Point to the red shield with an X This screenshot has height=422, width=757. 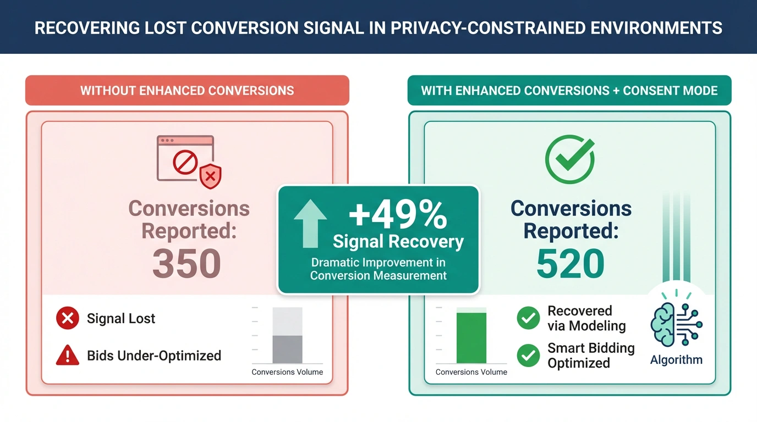point(210,176)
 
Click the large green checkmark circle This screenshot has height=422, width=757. point(569,159)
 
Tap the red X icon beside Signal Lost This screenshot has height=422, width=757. point(68,318)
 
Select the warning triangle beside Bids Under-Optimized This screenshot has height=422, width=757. point(68,356)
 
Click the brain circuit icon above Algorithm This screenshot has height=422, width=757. point(676,326)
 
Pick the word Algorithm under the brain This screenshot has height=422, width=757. point(676,360)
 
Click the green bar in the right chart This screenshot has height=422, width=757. point(471,337)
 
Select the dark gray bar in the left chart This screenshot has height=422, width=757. point(287,349)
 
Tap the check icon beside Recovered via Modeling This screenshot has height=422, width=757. point(529,318)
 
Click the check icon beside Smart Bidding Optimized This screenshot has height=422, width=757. point(529,356)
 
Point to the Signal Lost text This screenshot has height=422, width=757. point(121,319)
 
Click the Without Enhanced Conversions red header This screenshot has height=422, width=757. point(187,91)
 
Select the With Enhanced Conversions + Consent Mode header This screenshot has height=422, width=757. point(569,91)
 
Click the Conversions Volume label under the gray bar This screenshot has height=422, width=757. point(287,372)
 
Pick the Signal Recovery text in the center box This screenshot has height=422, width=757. point(398,241)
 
